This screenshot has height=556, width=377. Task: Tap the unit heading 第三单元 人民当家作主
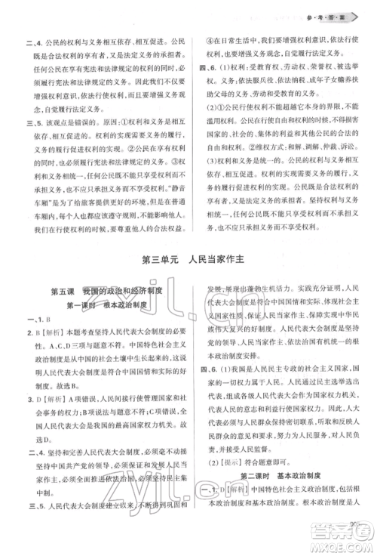pos(188,259)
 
